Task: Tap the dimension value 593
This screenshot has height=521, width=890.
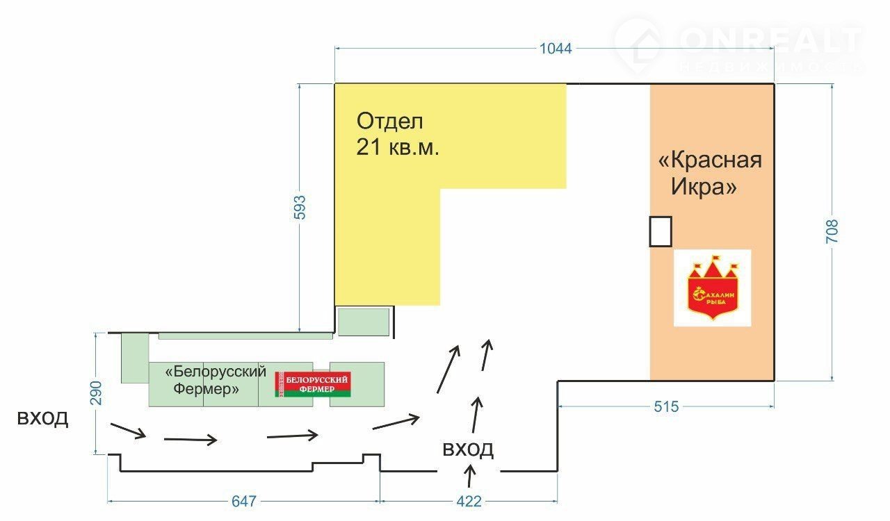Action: pyautogui.click(x=300, y=208)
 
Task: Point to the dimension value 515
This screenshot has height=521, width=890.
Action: pyautogui.click(x=665, y=407)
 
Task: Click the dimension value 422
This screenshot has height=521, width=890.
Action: pyautogui.click(x=469, y=501)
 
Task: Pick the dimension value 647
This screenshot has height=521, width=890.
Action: pyautogui.click(x=244, y=501)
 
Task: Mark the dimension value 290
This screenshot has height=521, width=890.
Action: pyautogui.click(x=96, y=392)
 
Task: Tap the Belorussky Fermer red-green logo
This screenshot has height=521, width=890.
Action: pyautogui.click(x=313, y=384)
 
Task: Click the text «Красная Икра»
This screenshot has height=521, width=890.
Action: pyautogui.click(x=709, y=174)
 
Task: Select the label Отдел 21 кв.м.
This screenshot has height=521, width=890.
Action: pyautogui.click(x=398, y=134)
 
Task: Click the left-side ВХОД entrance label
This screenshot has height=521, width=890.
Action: pyautogui.click(x=43, y=419)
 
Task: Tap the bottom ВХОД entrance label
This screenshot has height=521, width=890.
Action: pyautogui.click(x=468, y=449)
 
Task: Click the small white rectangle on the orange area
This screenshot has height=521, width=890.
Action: pyautogui.click(x=661, y=231)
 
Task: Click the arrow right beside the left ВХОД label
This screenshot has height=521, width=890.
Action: pyautogui.click(x=128, y=431)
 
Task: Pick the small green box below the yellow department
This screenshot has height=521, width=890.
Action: pyautogui.click(x=363, y=321)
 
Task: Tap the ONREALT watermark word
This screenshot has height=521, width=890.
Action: pyautogui.click(x=770, y=42)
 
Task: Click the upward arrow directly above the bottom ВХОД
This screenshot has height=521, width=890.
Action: pyautogui.click(x=476, y=415)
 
